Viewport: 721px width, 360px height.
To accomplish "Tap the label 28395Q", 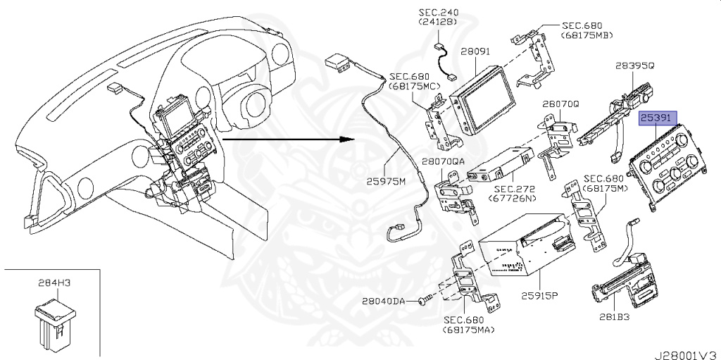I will click(634, 66).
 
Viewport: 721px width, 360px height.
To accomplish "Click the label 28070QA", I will click(444, 161).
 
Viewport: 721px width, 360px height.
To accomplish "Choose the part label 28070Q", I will click(560, 104).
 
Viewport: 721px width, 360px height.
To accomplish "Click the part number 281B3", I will click(614, 316).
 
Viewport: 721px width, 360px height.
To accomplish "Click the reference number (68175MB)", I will click(587, 35).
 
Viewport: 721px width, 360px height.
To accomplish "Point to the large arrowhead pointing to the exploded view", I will click(345, 138).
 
